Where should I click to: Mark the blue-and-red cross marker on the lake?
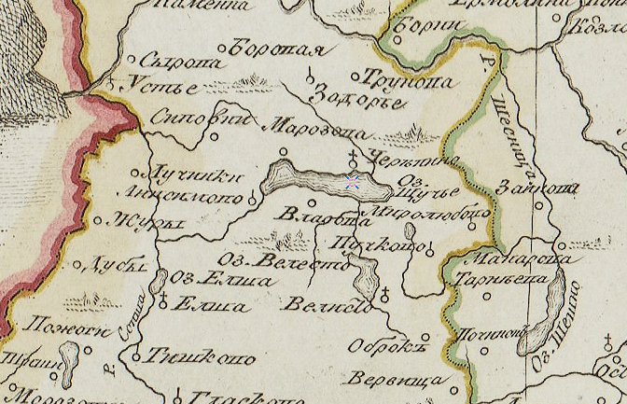coord(353,181)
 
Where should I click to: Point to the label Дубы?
coord(121,265)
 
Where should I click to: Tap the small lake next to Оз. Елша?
coord(159,279)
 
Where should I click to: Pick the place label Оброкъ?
coord(381,345)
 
